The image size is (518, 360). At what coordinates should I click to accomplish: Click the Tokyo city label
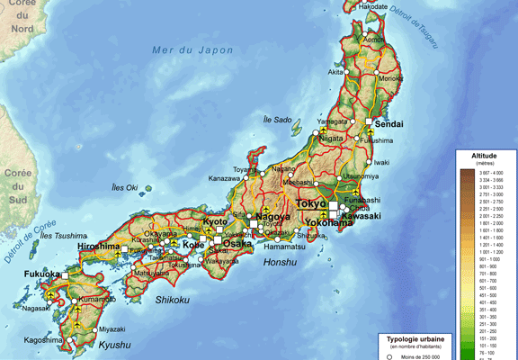pyautogui.click(x=310, y=204)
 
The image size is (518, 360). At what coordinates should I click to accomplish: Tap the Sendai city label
pyautogui.click(x=389, y=123)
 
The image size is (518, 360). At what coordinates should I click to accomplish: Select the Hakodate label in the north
pyautogui.click(x=372, y=7)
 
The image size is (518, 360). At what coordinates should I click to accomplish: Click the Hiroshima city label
pyautogui.click(x=98, y=246)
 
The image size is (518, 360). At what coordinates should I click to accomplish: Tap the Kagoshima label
pyautogui.click(x=48, y=340)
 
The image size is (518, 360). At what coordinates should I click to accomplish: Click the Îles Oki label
pyautogui.click(x=125, y=188)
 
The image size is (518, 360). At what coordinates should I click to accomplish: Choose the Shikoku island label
pyautogui.click(x=172, y=299)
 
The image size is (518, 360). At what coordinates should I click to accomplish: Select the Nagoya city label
pyautogui.click(x=272, y=217)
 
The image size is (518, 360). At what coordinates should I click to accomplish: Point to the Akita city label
pyautogui.click(x=336, y=72)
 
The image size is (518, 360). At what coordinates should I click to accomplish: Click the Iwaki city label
pyautogui.click(x=382, y=162)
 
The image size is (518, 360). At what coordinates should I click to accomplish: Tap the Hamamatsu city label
pyautogui.click(x=286, y=246)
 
